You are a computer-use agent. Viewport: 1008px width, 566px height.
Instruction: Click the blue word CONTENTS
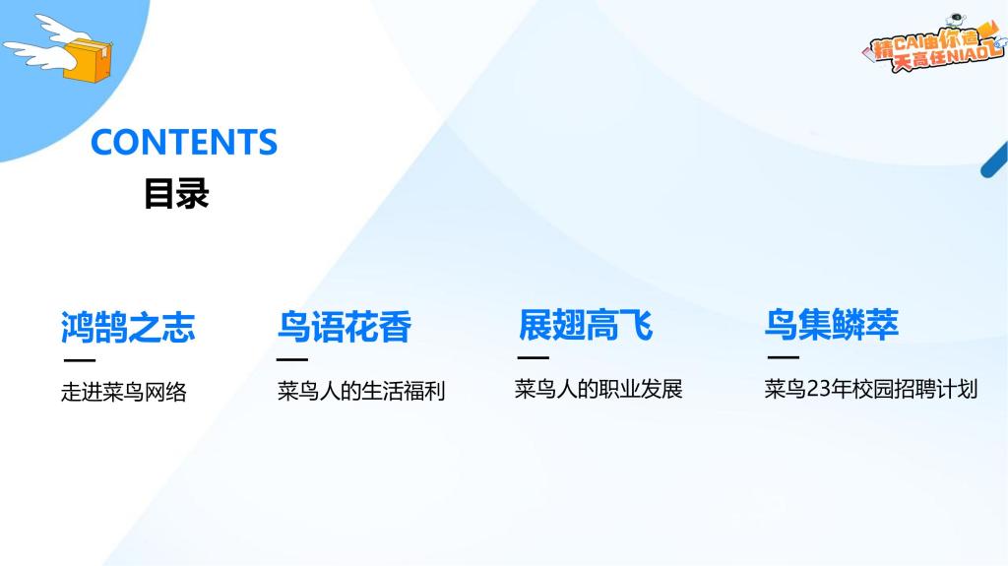point(184,142)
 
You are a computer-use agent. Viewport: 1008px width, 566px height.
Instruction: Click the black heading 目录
point(176,194)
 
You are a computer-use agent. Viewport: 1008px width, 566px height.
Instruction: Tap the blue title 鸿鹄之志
point(128,327)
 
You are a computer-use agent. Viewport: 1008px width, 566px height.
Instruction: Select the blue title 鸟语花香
point(344,327)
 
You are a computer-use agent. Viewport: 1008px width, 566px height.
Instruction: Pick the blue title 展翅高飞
point(586,325)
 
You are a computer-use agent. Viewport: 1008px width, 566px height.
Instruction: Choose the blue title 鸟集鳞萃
point(831,324)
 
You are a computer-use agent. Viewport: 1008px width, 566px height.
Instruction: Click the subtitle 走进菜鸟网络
point(124,392)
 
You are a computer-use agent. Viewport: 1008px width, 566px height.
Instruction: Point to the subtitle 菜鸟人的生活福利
point(361,391)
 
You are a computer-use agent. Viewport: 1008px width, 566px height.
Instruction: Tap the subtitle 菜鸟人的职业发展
point(598,389)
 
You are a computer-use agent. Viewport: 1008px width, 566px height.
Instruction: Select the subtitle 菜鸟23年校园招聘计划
point(871,389)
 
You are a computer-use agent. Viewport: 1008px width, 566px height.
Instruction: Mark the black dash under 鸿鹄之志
point(80,360)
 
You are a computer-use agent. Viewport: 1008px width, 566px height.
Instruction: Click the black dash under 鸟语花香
point(292,359)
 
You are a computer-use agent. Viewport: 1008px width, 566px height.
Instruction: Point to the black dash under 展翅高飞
point(534,357)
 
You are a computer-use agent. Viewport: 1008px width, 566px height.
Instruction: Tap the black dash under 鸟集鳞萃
point(784,357)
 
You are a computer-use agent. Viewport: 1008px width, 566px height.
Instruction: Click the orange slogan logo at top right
point(934,43)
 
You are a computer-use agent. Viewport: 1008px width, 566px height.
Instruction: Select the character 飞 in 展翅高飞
point(637,325)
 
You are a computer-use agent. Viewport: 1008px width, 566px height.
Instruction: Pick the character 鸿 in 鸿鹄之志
point(77,327)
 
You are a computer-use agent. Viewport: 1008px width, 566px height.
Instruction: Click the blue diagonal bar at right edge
point(994,160)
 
